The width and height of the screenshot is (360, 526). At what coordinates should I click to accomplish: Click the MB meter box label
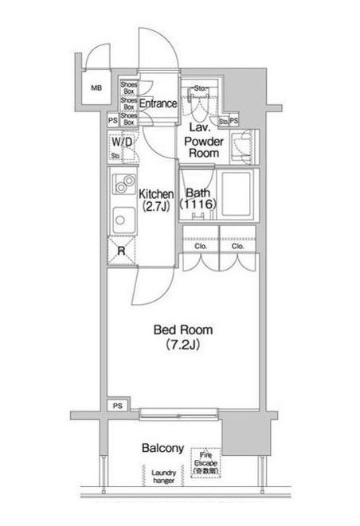coord(96,88)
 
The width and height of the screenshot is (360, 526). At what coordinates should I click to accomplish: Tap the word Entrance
coord(158,103)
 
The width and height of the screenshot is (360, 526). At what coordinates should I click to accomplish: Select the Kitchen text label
coord(156,193)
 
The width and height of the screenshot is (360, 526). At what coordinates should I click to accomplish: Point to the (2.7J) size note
coord(156,207)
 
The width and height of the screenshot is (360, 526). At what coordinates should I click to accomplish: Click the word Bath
coord(197,192)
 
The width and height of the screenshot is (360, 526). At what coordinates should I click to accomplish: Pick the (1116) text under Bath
coord(197,205)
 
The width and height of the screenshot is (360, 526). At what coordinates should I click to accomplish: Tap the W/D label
coord(122,142)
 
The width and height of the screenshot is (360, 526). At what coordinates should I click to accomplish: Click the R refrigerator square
coord(121,251)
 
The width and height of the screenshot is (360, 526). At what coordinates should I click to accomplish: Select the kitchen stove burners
coord(123,185)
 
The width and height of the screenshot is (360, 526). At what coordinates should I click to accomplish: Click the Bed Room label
coord(182,329)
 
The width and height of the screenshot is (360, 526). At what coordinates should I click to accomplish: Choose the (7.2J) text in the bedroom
coord(182,345)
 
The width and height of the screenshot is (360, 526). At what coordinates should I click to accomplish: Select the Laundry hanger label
coord(164,477)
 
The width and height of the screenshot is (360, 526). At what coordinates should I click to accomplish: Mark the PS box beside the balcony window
coord(118,405)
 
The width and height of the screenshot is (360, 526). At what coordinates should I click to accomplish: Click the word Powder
coord(203,140)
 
